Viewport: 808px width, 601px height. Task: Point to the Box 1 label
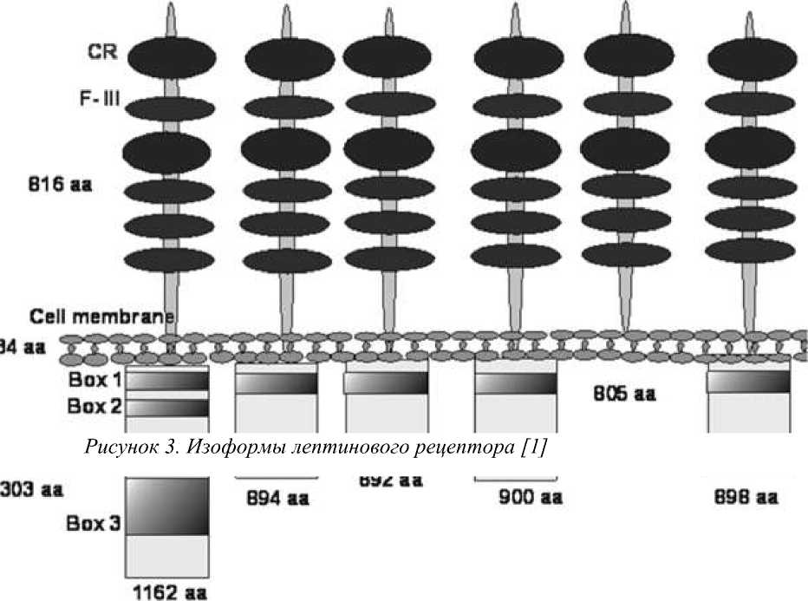94,380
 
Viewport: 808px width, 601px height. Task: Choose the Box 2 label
94,406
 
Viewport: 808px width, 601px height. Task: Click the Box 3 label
94,524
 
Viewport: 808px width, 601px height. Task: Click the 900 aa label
531,498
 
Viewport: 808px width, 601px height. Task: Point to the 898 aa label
746,498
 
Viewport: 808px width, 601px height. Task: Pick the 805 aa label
624,394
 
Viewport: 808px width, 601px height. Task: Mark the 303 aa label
31,489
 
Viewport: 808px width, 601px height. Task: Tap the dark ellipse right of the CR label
170,56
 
